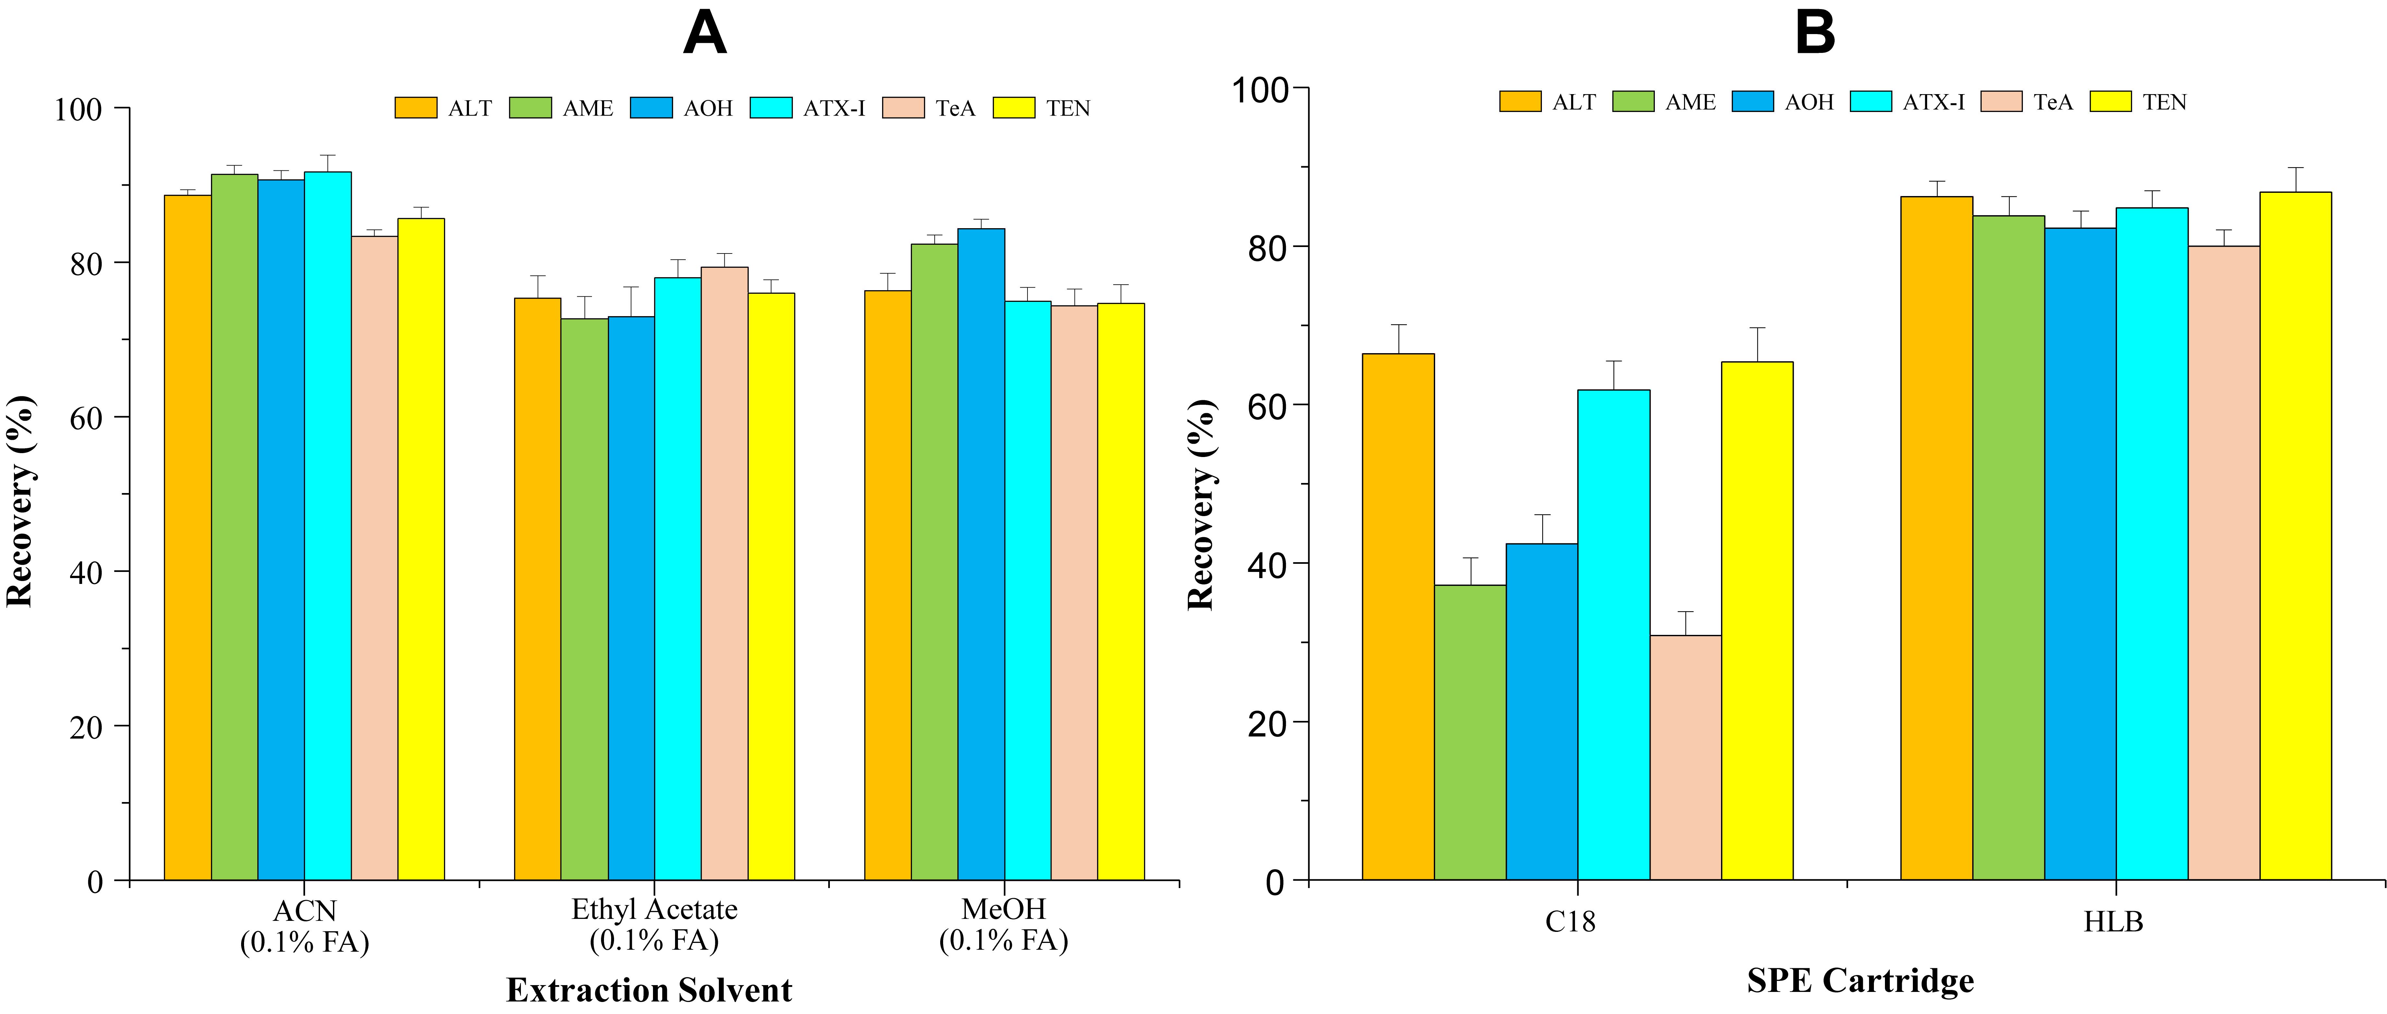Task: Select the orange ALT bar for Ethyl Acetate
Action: (x=537, y=588)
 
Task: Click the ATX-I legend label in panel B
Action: (x=1934, y=102)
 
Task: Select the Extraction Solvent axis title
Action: (x=649, y=990)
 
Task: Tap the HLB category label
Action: (x=2114, y=921)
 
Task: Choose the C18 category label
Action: (x=1571, y=921)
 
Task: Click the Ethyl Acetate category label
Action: (x=654, y=909)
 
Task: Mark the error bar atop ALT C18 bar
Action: (x=1398, y=338)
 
